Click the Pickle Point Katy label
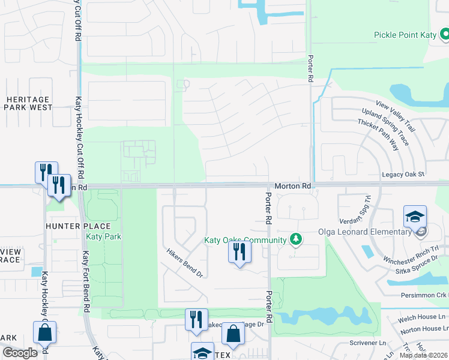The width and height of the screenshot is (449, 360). click(403, 35)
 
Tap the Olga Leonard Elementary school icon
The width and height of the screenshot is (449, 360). click(415, 217)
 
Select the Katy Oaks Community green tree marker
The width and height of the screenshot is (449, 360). click(295, 239)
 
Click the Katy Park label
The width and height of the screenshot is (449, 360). click(104, 236)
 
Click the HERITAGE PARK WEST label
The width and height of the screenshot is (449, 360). click(29, 103)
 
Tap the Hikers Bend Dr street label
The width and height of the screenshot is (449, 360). click(185, 263)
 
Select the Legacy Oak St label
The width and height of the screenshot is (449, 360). click(403, 174)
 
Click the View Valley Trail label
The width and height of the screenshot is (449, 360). click(396, 117)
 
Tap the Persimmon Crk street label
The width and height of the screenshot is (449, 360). click(424, 295)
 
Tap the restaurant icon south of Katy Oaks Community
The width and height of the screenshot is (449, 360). click(240, 253)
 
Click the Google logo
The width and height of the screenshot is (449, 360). click(19, 353)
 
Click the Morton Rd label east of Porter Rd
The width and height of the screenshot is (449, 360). click(293, 186)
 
